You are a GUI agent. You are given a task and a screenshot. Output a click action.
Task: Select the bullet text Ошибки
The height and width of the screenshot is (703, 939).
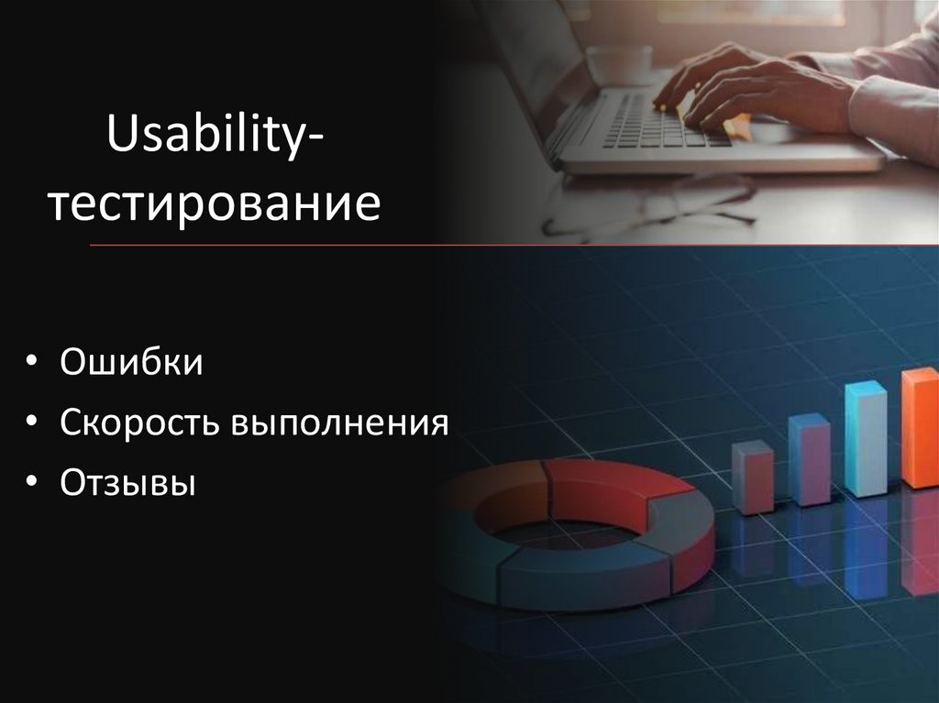point(131,362)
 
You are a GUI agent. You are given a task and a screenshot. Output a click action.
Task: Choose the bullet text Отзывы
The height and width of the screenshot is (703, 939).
point(128,482)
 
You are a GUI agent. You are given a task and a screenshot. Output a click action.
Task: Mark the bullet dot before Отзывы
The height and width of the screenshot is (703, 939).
point(32,483)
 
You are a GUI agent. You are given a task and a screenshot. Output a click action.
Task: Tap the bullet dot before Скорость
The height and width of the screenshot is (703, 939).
point(32,423)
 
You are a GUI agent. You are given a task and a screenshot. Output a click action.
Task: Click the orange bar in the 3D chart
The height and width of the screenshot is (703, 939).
point(920,427)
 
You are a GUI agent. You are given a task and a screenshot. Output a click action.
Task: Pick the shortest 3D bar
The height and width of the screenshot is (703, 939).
point(752,476)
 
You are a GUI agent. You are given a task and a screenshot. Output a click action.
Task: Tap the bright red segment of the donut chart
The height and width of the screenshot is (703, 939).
point(605,486)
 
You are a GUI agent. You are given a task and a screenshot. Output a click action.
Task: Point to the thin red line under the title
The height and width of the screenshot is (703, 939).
point(514,245)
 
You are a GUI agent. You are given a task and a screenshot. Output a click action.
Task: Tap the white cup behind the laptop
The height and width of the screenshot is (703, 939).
point(619,64)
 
